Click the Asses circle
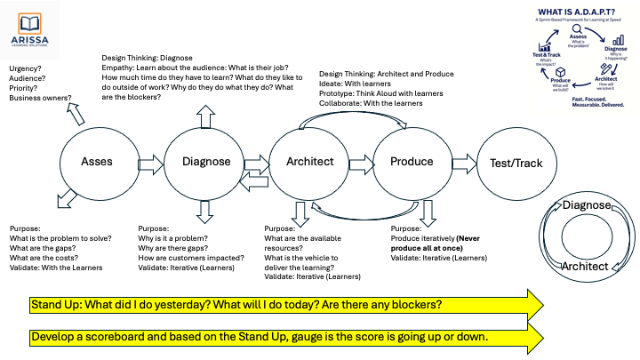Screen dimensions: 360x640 (98, 162)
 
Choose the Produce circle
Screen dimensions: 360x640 (412, 162)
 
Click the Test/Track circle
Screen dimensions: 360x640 (516, 163)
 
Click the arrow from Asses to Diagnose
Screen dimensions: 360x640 (151, 162)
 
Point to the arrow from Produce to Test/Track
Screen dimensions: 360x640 (464, 162)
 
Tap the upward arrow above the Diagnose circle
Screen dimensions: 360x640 (205, 116)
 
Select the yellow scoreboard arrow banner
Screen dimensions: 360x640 (284, 338)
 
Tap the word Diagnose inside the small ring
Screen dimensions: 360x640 (583, 206)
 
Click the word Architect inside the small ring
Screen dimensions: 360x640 (583, 266)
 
